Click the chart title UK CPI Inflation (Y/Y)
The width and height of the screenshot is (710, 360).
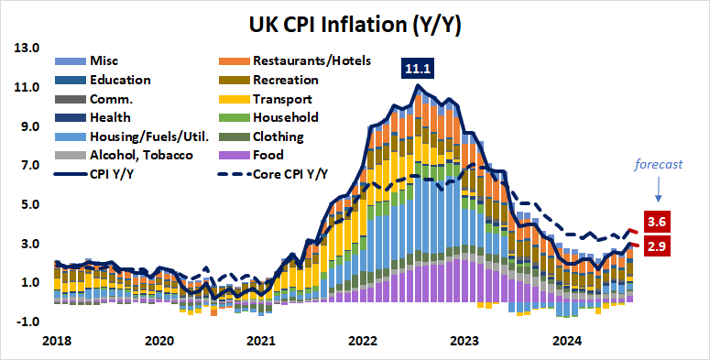click(355, 25)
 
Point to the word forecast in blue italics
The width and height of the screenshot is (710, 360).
click(659, 166)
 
